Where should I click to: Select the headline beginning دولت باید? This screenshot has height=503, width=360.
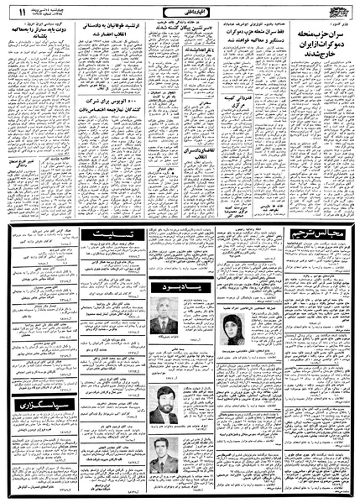click(32, 39)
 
